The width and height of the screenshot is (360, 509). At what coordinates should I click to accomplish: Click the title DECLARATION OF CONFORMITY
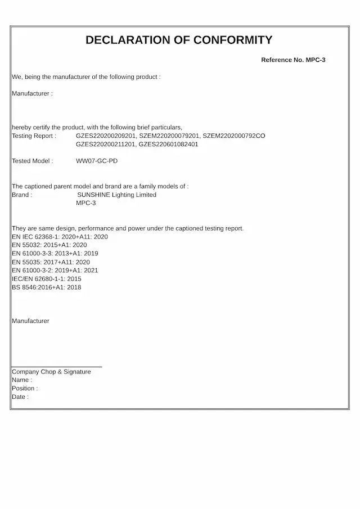(179, 40)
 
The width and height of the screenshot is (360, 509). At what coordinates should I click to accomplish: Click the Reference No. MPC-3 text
(293, 60)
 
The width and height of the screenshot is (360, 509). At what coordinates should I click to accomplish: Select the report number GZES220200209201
(106, 136)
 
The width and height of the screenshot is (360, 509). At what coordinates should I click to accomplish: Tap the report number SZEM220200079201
(169, 136)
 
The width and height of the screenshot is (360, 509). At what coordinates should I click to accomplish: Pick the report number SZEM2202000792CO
(233, 136)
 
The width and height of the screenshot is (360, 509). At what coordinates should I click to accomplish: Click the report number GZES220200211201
(106, 144)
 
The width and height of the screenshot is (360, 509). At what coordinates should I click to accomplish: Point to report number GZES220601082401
(168, 144)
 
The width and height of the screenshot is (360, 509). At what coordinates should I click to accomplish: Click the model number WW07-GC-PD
(97, 161)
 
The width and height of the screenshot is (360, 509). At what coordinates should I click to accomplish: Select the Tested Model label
(33, 161)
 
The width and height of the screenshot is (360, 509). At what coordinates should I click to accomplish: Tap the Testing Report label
(34, 136)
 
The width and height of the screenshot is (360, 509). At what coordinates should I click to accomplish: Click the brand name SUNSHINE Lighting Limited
(116, 195)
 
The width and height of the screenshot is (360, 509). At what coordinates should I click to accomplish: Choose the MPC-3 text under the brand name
(86, 203)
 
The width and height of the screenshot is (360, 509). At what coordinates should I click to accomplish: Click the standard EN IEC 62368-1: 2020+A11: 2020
(60, 237)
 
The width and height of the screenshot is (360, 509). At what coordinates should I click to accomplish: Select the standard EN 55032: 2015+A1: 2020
(49, 245)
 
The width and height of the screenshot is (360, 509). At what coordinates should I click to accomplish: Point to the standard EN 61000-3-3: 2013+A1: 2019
(55, 254)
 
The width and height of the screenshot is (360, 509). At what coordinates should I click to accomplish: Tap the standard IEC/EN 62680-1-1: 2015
(47, 279)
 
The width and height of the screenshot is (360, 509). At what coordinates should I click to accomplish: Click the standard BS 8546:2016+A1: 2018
(47, 287)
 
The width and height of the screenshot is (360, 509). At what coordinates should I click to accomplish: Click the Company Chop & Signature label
(51, 372)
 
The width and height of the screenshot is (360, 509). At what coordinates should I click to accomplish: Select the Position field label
(25, 389)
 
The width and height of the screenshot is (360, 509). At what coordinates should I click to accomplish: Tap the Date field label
(20, 397)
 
